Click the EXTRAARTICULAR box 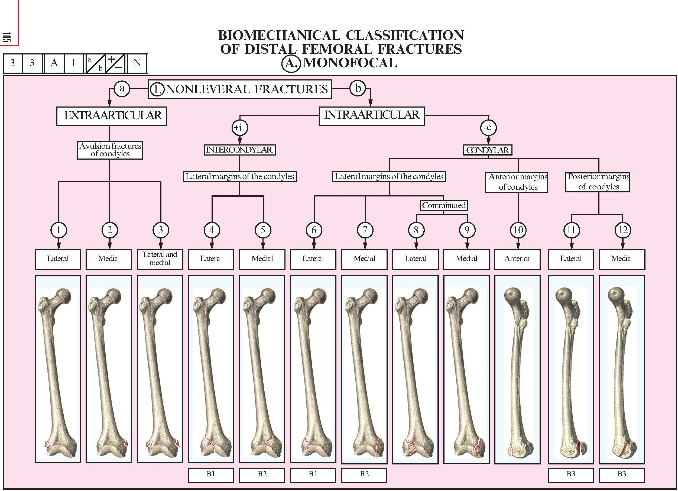click(112, 116)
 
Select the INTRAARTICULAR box click(372, 115)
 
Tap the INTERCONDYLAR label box click(239, 150)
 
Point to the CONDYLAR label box click(488, 150)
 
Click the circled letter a click(122, 89)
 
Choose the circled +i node click(240, 128)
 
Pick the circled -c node click(488, 128)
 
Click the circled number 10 click(518, 230)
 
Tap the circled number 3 click(161, 230)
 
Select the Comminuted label click(444, 205)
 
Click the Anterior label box click(517, 259)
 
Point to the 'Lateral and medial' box click(160, 259)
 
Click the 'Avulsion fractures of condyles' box click(110, 150)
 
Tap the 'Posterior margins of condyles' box click(598, 182)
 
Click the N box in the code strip click(137, 63)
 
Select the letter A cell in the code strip click(54, 63)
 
